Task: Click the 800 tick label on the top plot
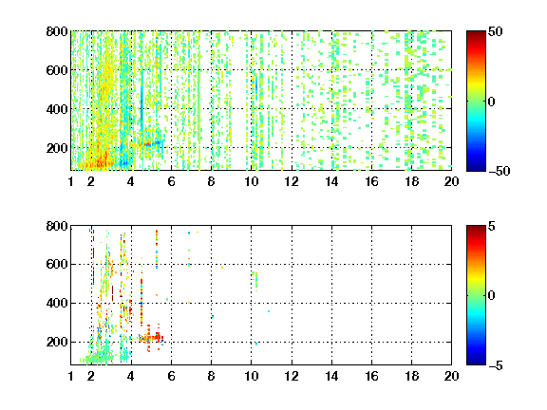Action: pos(57,31)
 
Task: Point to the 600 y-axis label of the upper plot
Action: pos(57,70)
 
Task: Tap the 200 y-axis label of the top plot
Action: pos(57,148)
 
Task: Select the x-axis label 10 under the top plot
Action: pos(251,181)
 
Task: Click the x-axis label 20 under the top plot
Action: pos(451,181)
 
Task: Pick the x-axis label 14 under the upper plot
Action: pos(331,181)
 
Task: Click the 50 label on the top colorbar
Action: pos(495,31)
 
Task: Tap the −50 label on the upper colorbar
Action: pos(499,171)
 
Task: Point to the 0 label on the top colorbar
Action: pos(492,102)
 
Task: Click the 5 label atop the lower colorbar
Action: pos(492,226)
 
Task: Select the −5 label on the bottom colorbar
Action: pos(496,365)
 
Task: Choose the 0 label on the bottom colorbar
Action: pos(492,296)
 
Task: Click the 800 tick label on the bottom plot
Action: pos(57,226)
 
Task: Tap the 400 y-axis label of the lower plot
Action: pos(57,304)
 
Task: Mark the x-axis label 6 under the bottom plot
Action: pos(171,376)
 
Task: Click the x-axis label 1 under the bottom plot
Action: pos(71,376)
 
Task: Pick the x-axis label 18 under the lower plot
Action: pos(411,376)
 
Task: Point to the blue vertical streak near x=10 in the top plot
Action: pos(256,85)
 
